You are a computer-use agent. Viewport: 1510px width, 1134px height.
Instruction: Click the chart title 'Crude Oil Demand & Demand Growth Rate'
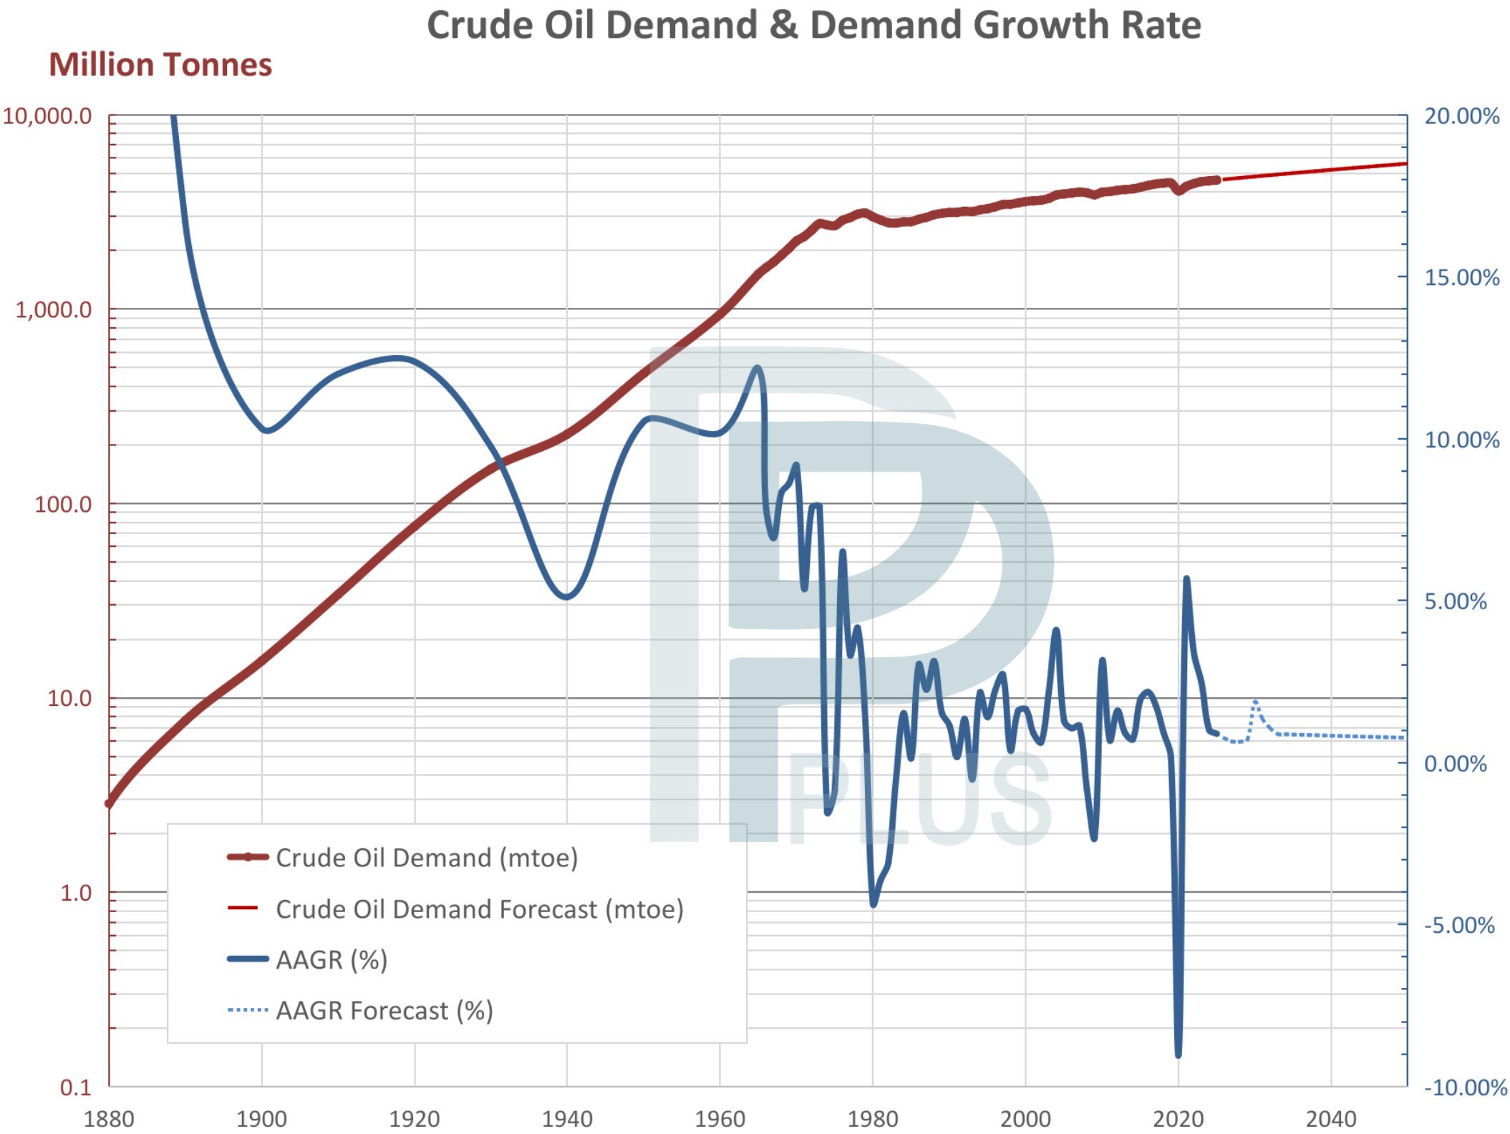813,25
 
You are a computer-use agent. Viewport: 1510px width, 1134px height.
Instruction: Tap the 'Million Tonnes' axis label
160,64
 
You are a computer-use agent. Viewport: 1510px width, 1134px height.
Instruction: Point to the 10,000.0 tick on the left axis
47,116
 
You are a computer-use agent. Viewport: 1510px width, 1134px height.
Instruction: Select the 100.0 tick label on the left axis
63,505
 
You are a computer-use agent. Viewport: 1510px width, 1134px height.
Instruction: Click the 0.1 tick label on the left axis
76,1087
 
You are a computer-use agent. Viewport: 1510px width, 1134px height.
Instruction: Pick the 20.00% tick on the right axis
1461,116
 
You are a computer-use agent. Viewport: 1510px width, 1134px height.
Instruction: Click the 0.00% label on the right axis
1455,764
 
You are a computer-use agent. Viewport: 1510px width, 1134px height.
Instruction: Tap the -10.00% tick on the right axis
1465,1087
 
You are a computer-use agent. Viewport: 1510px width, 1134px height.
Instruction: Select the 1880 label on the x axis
109,1118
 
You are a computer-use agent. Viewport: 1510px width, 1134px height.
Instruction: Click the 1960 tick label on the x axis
720,1118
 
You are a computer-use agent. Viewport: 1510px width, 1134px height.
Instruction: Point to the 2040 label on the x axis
1330,1118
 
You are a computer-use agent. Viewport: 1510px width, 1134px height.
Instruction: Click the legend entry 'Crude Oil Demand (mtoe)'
427,858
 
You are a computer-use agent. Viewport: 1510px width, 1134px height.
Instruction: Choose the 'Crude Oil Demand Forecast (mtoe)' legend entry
479,909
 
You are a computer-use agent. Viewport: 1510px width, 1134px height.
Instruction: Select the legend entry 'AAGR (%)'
331,959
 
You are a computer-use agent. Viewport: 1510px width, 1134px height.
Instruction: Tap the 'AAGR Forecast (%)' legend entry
384,1011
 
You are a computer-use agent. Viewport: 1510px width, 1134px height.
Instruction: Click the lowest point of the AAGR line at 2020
1179,1054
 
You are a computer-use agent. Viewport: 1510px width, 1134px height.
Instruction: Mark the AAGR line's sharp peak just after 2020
1186,578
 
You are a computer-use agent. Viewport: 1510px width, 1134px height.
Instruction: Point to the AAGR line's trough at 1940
566,596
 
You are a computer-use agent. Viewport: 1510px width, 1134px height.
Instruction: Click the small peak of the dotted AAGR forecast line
1255,702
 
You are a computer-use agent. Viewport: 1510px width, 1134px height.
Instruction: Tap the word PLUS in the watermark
920,799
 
